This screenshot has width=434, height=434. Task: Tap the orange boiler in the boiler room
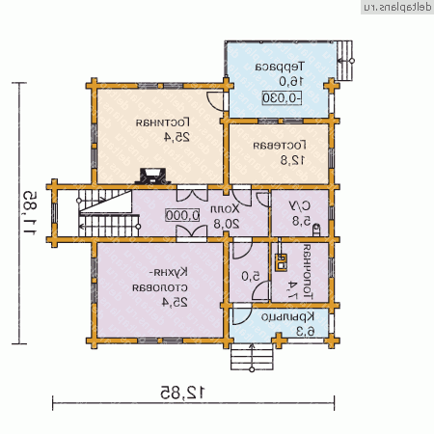[x=283, y=258]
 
